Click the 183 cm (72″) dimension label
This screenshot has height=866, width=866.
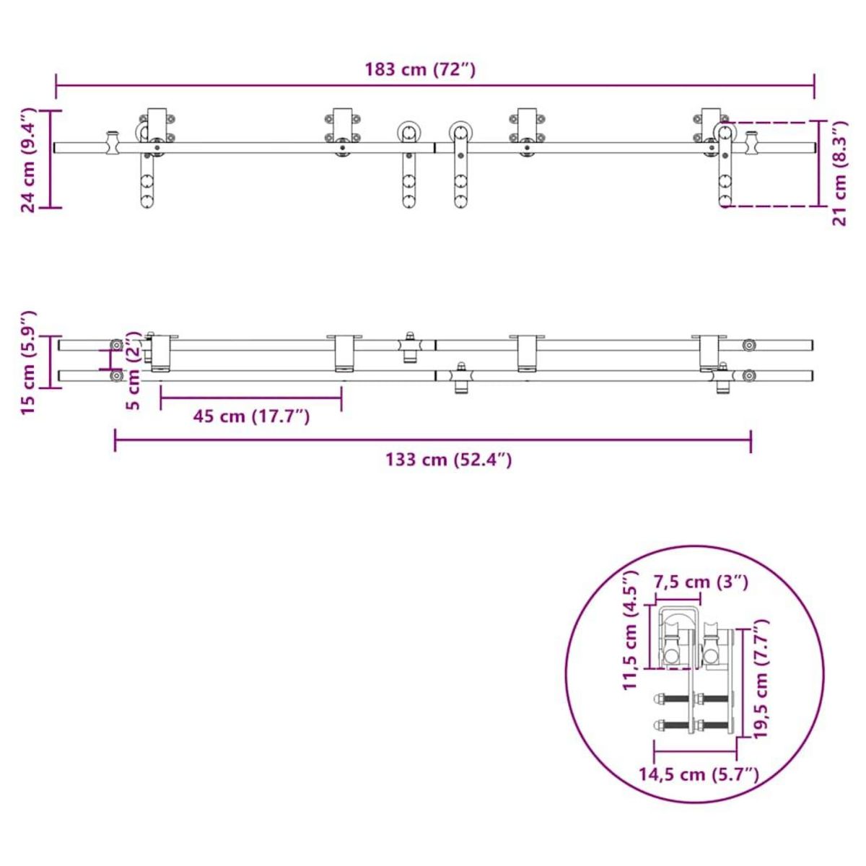pyautogui.click(x=420, y=70)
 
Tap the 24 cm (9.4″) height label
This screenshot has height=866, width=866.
pyautogui.click(x=28, y=160)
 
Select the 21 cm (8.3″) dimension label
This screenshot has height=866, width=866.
pyautogui.click(x=839, y=173)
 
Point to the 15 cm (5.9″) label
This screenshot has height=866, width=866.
pyautogui.click(x=28, y=362)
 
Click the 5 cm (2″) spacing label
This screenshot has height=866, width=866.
pyautogui.click(x=133, y=371)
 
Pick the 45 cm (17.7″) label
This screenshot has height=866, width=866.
pyautogui.click(x=251, y=416)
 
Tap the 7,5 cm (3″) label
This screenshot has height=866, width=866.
pyautogui.click(x=700, y=582)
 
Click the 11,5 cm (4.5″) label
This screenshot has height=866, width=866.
pyautogui.click(x=631, y=629)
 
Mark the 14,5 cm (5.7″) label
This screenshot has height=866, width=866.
pyautogui.click(x=699, y=775)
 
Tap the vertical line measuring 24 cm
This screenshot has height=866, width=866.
pyautogui.click(x=50, y=159)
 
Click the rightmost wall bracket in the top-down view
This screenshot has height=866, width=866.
pyautogui.click(x=711, y=354)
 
